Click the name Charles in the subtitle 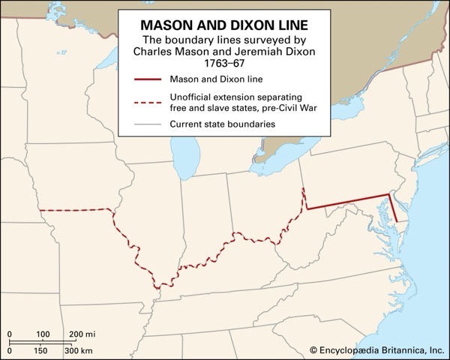pos(153,51)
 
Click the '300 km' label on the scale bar pos(78,350)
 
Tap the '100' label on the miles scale pos(43,333)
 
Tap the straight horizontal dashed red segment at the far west pos(75,210)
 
